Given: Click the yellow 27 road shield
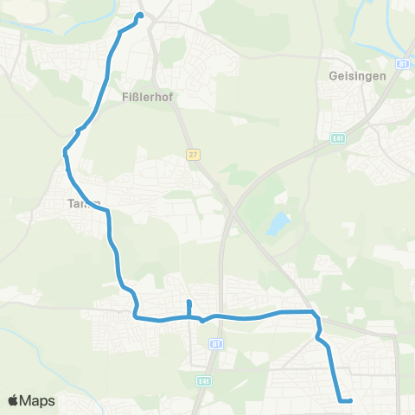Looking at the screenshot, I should (192, 154).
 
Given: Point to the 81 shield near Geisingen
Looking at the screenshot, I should (403, 64).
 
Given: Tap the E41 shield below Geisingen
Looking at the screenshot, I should (338, 137).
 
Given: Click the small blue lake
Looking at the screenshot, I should (277, 226).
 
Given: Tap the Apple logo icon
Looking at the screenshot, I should (14, 400).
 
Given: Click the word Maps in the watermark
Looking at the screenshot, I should (38, 400).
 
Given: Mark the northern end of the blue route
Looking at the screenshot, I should (139, 14).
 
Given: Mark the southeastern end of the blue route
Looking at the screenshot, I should (350, 400).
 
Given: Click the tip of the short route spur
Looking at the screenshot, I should (188, 302).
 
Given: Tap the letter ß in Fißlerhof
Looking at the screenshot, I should (139, 98).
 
